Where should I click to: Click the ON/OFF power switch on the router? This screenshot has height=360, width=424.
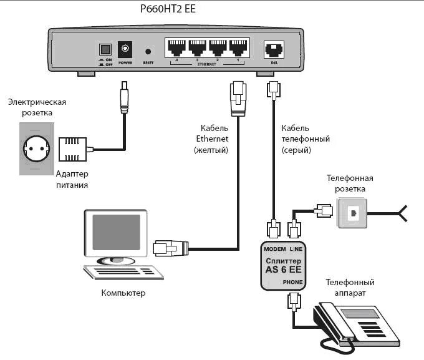tap(105, 49)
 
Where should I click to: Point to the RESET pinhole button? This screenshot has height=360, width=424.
tap(148, 51)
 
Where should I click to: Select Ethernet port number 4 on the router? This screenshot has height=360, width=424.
tap(177, 47)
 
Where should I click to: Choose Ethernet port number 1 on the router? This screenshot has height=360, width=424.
tap(238, 47)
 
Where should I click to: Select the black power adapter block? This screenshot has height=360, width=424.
tap(71, 149)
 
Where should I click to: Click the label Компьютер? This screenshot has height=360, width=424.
tap(123, 293)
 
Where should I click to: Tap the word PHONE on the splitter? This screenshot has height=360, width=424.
tap(292, 282)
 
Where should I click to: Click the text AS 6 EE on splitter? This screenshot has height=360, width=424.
tap(282, 270)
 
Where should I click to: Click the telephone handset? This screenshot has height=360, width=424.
tap(331, 325)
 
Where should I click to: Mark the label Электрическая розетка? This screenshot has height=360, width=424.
tap(37, 107)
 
